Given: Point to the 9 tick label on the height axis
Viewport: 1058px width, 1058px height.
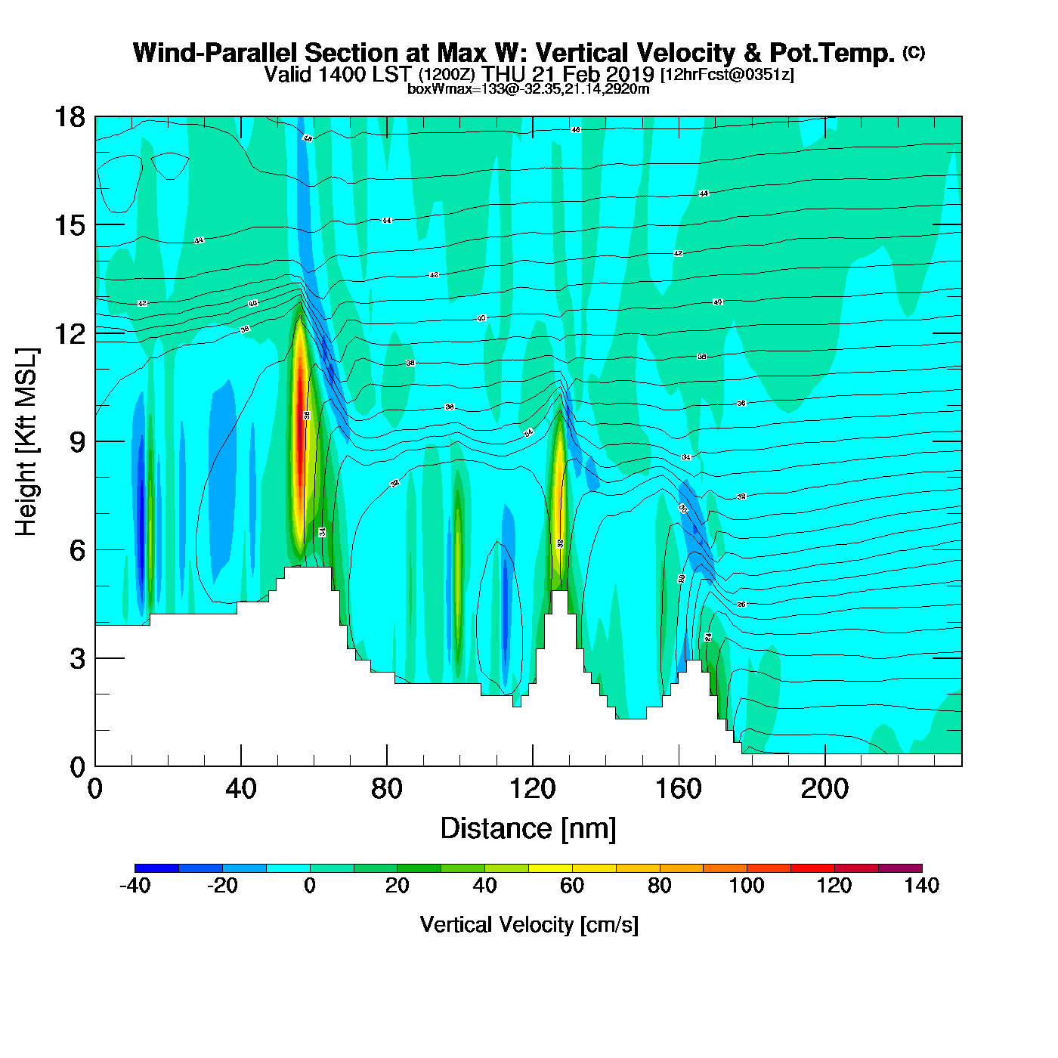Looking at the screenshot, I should (77, 442).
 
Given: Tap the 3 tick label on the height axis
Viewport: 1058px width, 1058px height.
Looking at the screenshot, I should (77, 659).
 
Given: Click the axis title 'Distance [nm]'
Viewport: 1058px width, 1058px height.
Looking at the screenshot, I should (528, 829).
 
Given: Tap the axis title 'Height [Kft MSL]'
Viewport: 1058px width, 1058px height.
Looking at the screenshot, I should (27, 442).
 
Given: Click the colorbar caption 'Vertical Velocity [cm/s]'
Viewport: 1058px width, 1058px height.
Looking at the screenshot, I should (529, 924).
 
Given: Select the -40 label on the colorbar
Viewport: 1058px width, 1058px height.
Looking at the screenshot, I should (135, 886).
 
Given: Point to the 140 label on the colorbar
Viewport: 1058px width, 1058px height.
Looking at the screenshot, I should (921, 886).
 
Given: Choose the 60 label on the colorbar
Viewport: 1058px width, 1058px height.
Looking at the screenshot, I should (572, 886).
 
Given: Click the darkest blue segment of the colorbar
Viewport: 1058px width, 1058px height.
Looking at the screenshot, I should (157, 868).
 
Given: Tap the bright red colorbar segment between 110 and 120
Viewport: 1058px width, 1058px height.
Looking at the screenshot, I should (812, 868).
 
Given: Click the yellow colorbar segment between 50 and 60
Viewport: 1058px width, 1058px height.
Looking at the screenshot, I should (550, 868).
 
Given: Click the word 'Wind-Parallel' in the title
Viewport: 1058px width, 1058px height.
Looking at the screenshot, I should (215, 54).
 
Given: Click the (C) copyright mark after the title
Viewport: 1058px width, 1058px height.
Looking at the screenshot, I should (914, 52).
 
